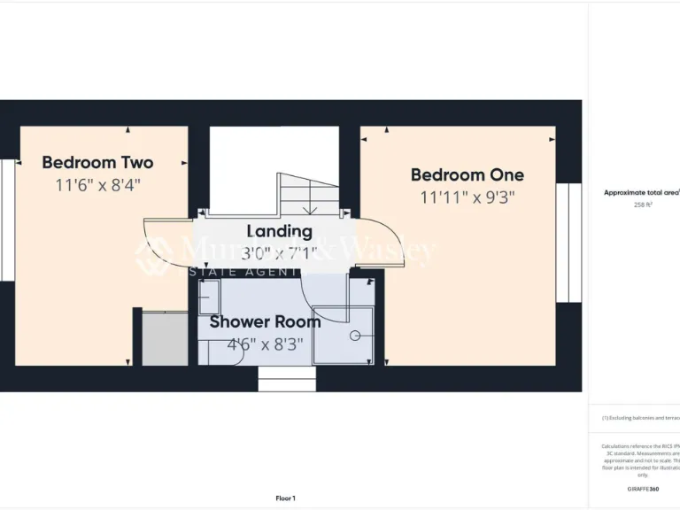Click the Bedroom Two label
tap(97, 163)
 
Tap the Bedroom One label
tap(467, 175)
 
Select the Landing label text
tap(279, 231)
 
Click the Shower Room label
tap(265, 322)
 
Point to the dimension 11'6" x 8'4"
tap(97, 185)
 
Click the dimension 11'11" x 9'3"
tap(467, 198)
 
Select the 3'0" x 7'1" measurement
tap(279, 254)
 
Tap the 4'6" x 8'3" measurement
tap(265, 345)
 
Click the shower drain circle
tap(354, 336)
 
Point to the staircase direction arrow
tap(311, 210)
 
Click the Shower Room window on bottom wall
tap(287, 379)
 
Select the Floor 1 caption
tap(285, 498)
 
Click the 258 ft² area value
tap(643, 205)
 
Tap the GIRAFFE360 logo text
tap(642, 489)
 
